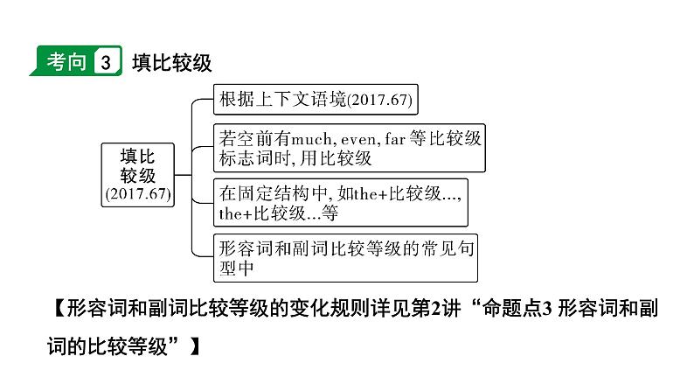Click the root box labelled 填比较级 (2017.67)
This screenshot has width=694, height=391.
click(136, 174)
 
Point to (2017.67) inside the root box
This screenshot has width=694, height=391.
click(136, 192)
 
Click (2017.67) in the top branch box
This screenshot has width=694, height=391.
click(379, 101)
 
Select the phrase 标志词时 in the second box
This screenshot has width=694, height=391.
click(258, 158)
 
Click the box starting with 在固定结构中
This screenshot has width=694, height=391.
click(340, 201)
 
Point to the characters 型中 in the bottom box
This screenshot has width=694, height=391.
click(237, 268)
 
